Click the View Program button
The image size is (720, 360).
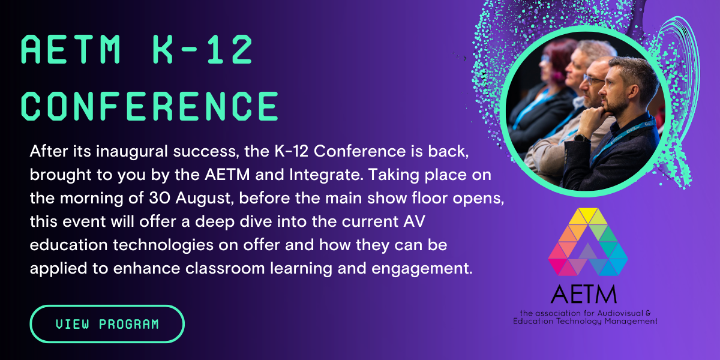[107, 324]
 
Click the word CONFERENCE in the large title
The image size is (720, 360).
[150, 107]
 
